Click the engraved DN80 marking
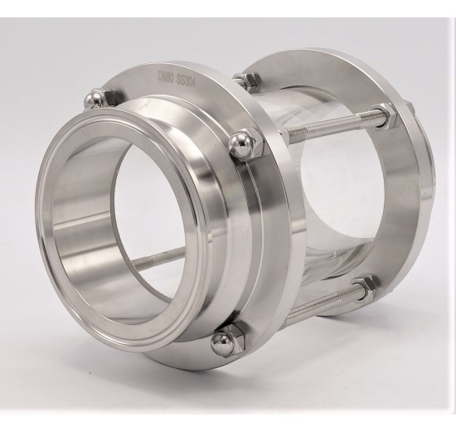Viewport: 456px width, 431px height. point(166,76)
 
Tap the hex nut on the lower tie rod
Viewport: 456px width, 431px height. point(362,288)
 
